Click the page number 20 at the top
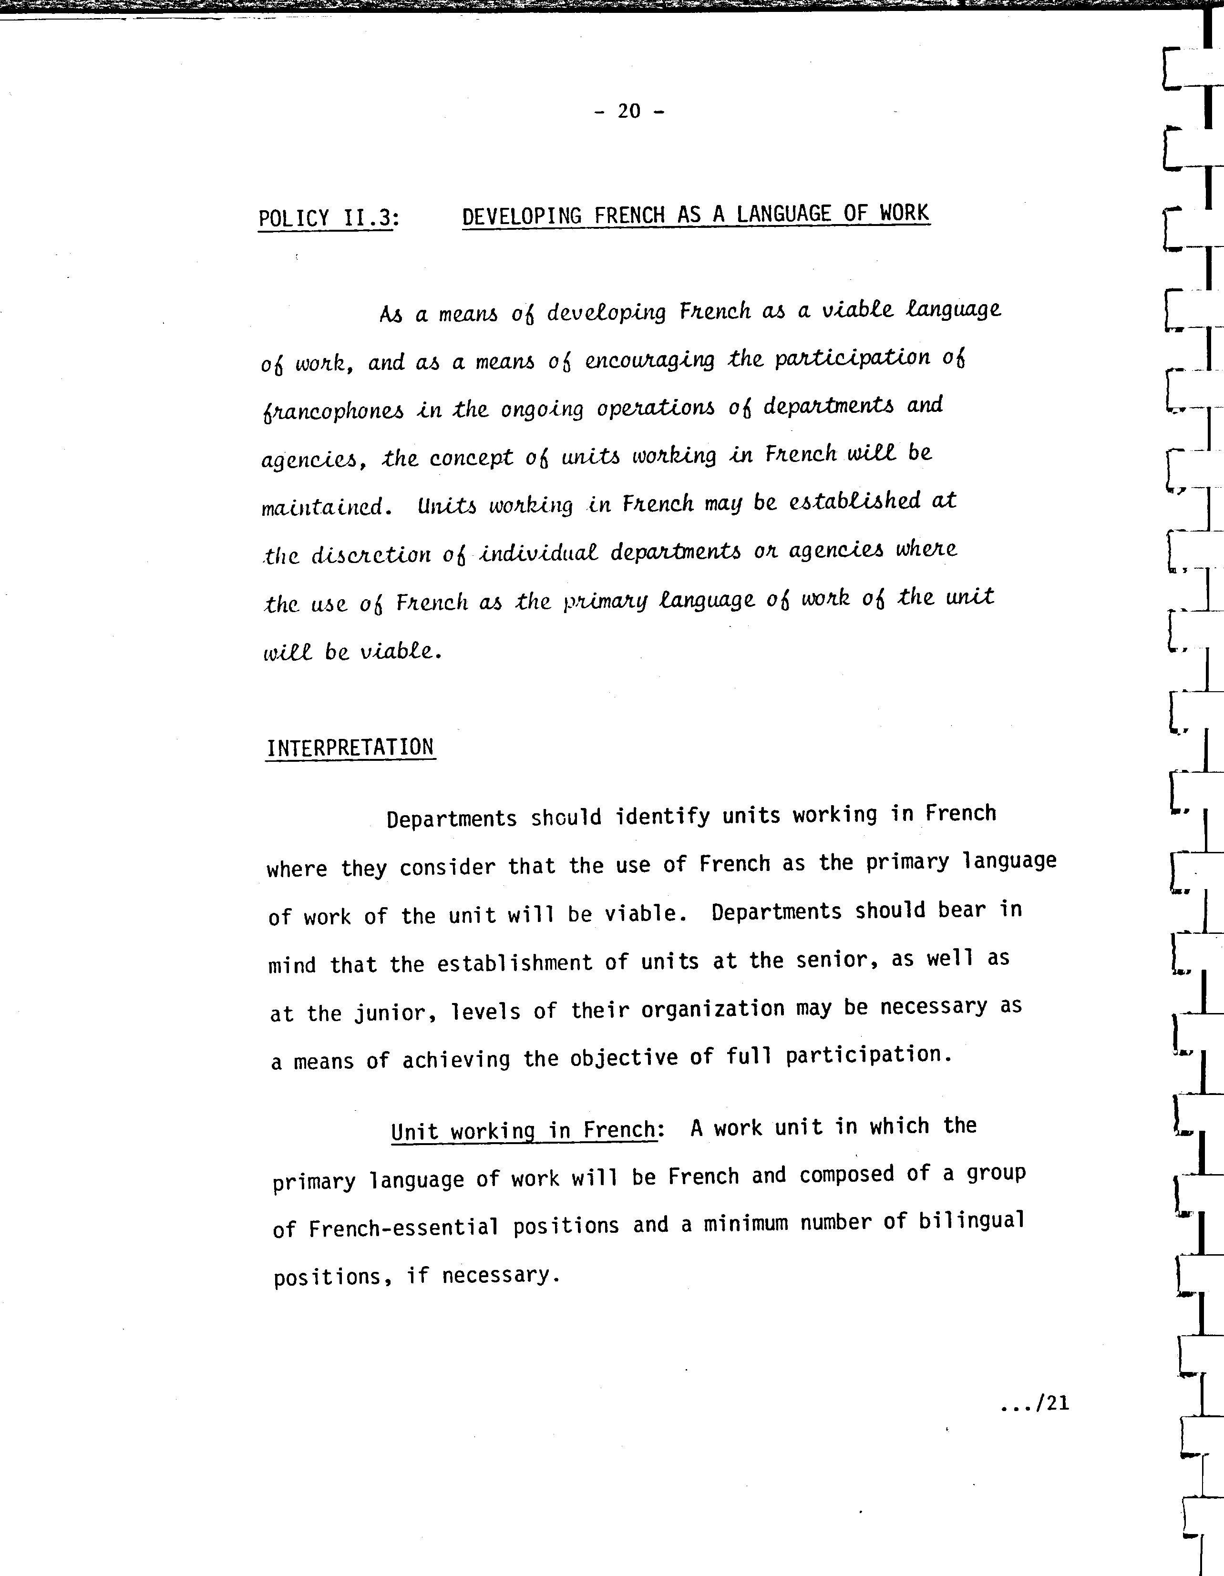[x=628, y=111]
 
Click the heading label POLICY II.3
[x=326, y=218]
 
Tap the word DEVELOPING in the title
[x=522, y=216]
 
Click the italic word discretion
[x=371, y=555]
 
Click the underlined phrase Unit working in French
[x=523, y=1130]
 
